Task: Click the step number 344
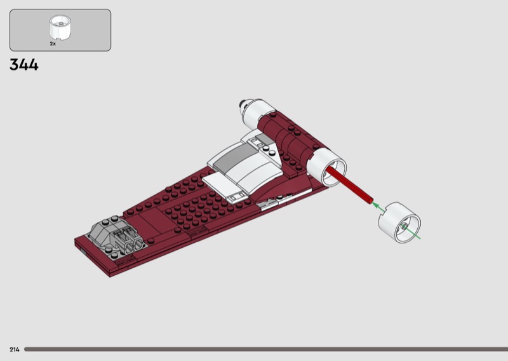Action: point(24,65)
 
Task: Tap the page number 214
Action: point(15,350)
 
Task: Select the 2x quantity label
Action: point(53,43)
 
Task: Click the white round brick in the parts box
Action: point(60,28)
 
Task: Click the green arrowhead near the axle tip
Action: point(376,206)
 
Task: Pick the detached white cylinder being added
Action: point(399,222)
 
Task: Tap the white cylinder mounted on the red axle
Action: point(326,168)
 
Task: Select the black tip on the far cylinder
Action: point(242,104)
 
